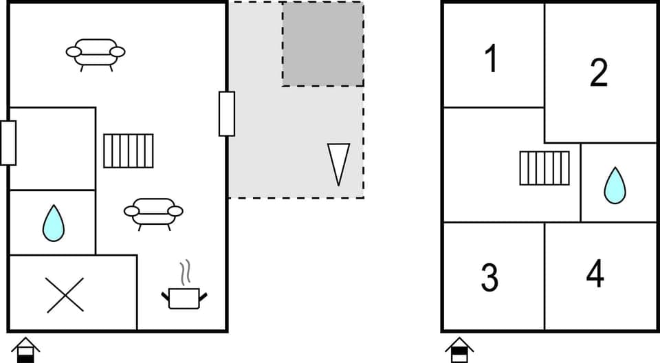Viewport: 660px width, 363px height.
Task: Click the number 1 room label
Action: coord(491,58)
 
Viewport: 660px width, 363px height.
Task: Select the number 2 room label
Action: coord(599,72)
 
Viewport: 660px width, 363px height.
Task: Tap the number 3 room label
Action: coord(489,277)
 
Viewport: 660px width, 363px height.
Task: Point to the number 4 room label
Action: coord(595,274)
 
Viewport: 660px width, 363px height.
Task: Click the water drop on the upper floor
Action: coord(615,186)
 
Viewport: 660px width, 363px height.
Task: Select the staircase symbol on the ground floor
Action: coord(129,151)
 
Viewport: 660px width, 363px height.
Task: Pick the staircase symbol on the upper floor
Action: coord(544,168)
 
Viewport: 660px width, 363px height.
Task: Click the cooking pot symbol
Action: coord(184,298)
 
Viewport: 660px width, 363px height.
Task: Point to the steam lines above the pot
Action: coord(184,273)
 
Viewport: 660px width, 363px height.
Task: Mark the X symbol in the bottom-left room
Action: coord(65,295)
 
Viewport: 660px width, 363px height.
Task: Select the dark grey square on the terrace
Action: coord(322,44)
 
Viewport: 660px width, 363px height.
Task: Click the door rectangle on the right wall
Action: coord(227,113)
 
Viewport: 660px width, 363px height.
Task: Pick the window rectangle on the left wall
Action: coord(8,143)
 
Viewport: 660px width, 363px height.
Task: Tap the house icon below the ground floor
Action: coord(25,349)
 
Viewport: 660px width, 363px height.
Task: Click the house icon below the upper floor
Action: coord(459,349)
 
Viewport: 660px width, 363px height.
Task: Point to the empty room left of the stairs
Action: coord(52,148)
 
